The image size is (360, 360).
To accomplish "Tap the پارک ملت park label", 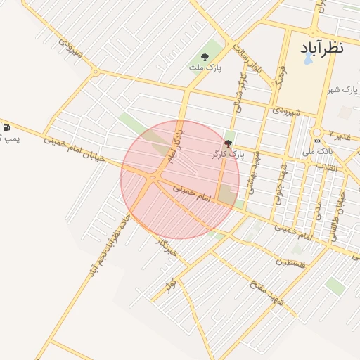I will point(205,68).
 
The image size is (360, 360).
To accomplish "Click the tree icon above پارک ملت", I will point(205,57).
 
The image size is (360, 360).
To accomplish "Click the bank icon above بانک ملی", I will point(317,132).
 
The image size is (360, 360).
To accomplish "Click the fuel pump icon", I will point(7,127).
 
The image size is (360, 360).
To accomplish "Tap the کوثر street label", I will point(170,285).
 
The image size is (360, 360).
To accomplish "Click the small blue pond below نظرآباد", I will point(307,60).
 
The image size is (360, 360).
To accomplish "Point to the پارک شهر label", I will point(342,90).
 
